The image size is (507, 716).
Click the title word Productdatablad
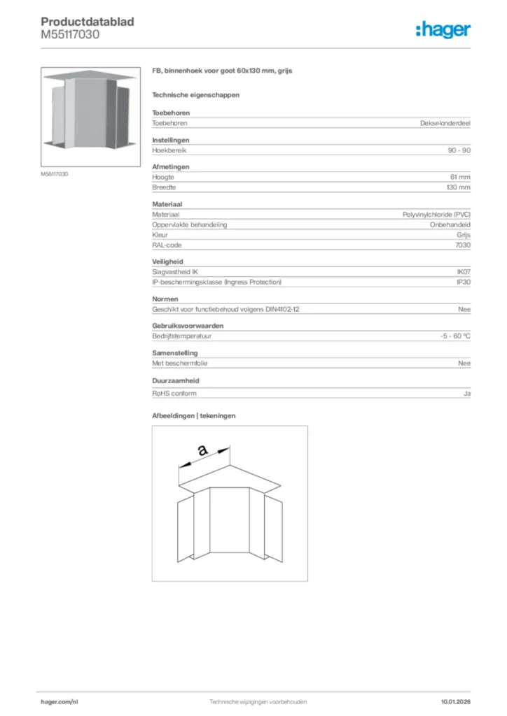pos(88,22)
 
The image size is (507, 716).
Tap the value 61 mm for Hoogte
pos(460,178)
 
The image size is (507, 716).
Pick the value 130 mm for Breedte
pos(458,188)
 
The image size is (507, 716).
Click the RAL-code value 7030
pos(462,245)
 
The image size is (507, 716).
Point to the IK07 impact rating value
pos(464,271)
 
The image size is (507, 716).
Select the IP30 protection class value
pos(464,282)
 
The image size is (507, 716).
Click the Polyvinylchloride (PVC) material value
pos(436,214)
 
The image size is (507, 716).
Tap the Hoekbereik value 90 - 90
pos(459,150)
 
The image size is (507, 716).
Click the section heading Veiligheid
pos(167,262)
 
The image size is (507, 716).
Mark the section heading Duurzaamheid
pos(176,381)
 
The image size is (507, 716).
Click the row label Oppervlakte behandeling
pos(190,224)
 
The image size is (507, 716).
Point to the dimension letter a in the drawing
pos(203,451)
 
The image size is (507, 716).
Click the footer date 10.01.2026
pos(455,701)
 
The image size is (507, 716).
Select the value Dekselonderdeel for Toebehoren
pos(445,123)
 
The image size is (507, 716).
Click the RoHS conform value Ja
pos(466,393)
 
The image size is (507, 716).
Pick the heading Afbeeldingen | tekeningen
pos(194,415)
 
